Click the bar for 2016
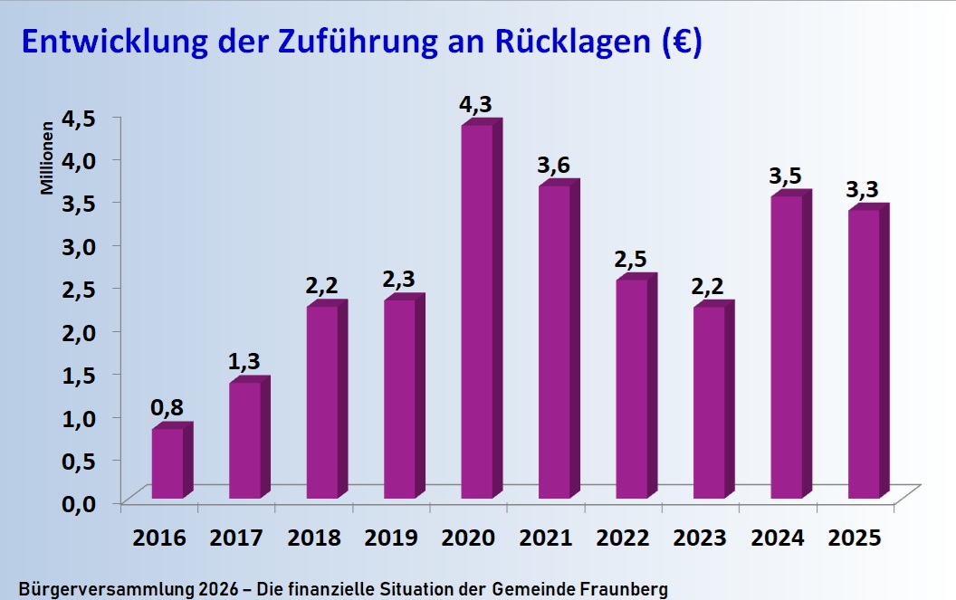pos(167,462)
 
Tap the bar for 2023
pos(709,402)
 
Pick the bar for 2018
pos(322,402)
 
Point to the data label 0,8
pos(167,409)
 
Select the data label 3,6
pos(553,166)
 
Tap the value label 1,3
pos(244,363)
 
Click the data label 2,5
pos(631,260)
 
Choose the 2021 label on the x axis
pos(546,538)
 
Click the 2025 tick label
pos(856,538)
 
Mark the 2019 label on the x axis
pos(391,538)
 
